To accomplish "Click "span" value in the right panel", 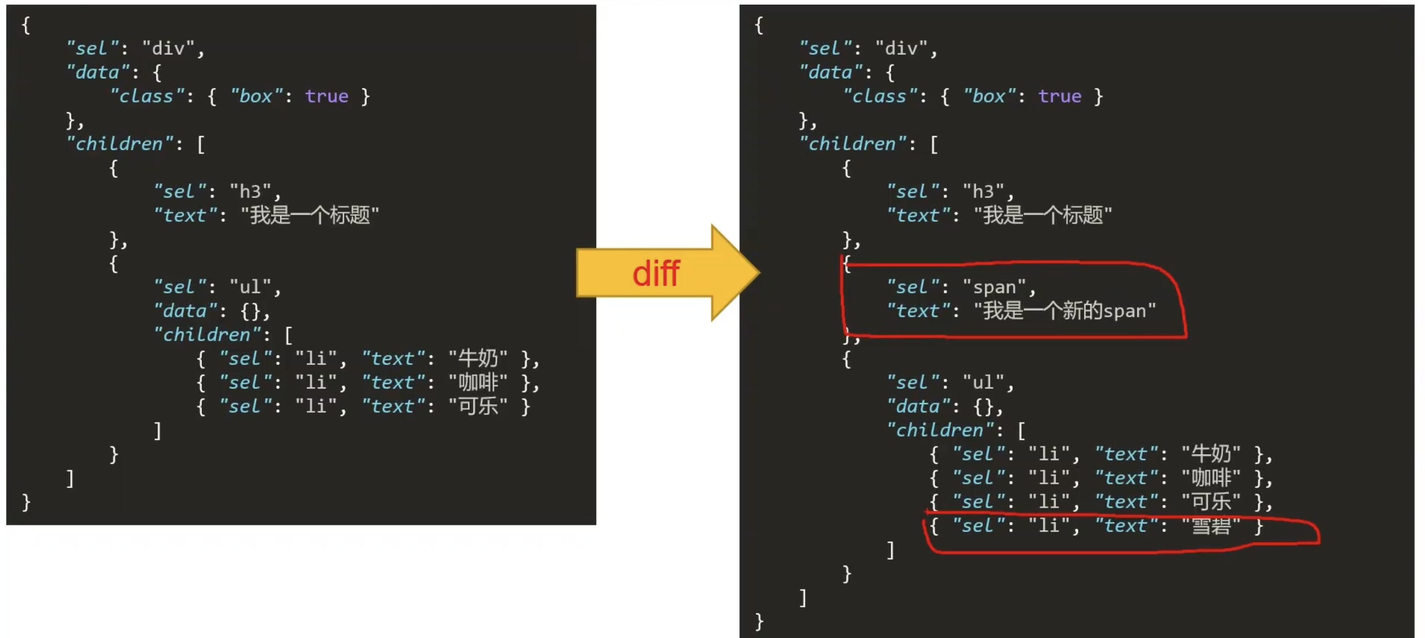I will click(x=994, y=287).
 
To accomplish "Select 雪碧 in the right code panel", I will click(x=1211, y=526).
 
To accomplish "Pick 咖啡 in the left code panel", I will click(x=477, y=383).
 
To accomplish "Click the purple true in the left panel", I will click(x=326, y=96).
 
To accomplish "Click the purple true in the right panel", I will click(x=1059, y=96).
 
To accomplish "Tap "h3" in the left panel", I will click(x=250, y=191).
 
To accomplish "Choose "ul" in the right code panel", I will click(x=983, y=383).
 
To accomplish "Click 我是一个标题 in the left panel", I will click(x=310, y=215).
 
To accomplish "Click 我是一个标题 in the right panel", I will click(x=1043, y=215).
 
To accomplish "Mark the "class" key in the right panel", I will click(x=879, y=96).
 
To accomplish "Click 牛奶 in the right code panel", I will click(x=1211, y=454).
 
